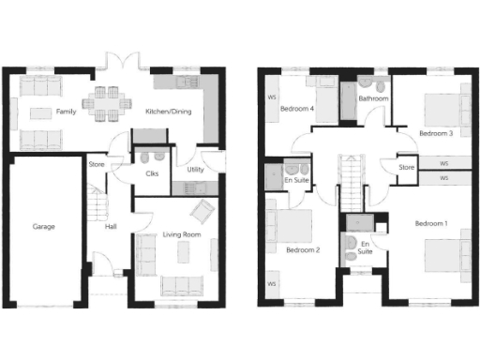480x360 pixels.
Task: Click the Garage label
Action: pyautogui.click(x=43, y=227)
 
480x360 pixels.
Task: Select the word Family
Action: pyautogui.click(x=66, y=112)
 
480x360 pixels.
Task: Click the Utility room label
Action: pyautogui.click(x=195, y=170)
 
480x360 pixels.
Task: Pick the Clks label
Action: pyautogui.click(x=152, y=173)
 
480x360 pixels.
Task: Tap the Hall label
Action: pyautogui.click(x=111, y=226)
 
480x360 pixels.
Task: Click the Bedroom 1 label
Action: pyautogui.click(x=431, y=223)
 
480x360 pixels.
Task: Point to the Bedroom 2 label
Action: pyautogui.click(x=303, y=250)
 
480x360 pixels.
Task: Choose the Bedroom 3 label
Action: pyautogui.click(x=436, y=134)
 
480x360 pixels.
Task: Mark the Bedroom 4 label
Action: pyautogui.click(x=297, y=109)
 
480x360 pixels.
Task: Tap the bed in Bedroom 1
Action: pyautogui.click(x=445, y=257)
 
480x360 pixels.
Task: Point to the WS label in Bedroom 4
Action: pyautogui.click(x=272, y=96)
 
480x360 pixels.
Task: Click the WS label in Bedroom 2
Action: pyautogui.click(x=273, y=284)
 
